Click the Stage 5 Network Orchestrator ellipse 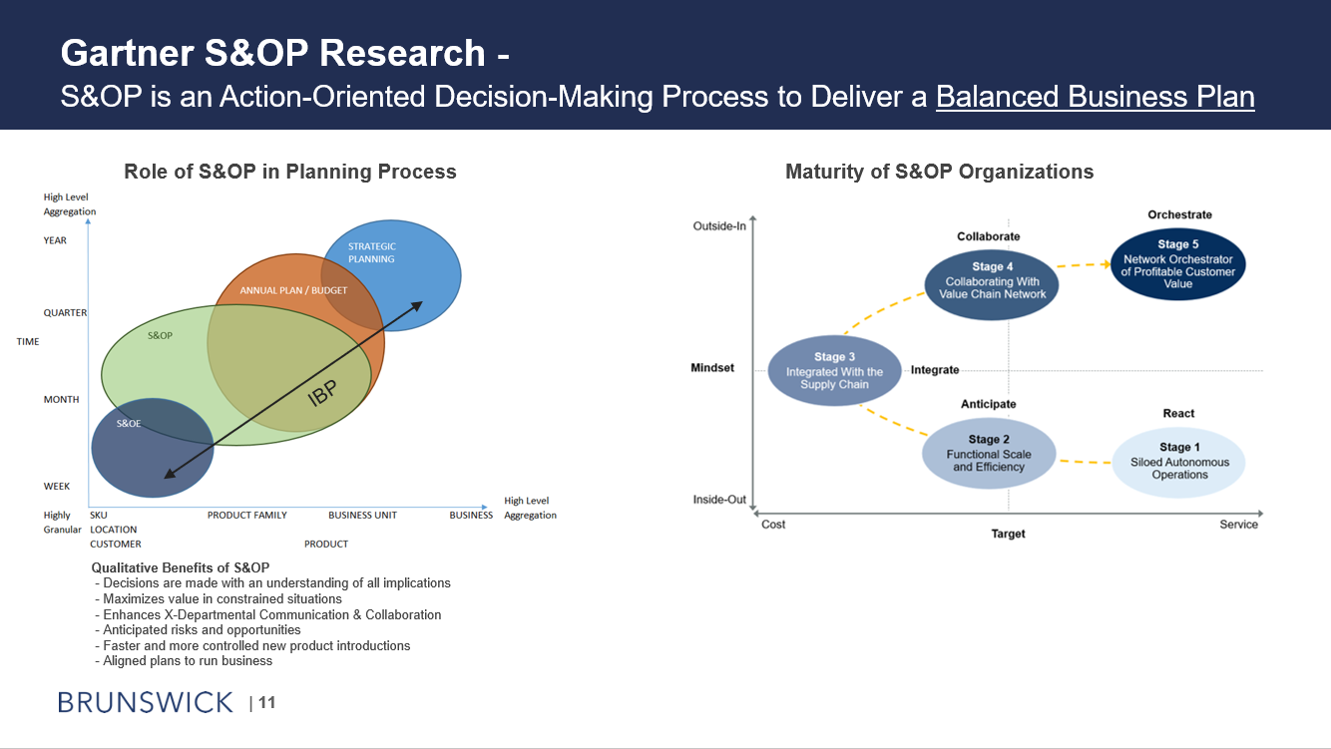coord(1177,263)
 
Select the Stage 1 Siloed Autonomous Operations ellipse coord(1178,462)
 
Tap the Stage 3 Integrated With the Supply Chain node coord(834,371)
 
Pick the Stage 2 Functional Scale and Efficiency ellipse coord(988,454)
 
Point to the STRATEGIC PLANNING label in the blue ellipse coord(371,252)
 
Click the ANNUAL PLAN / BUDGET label coord(293,290)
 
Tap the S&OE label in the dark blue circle coord(129,424)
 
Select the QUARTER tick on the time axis coord(65,313)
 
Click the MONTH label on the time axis coord(61,400)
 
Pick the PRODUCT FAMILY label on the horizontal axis coord(246,516)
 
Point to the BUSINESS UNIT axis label coord(362,516)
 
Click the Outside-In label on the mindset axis coord(719,226)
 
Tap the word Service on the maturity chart coord(1238,525)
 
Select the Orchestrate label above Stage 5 coord(1179,214)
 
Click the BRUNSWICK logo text coord(146,702)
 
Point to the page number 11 coord(266,703)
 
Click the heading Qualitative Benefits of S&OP coord(180,567)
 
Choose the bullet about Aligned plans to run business coord(188,661)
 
